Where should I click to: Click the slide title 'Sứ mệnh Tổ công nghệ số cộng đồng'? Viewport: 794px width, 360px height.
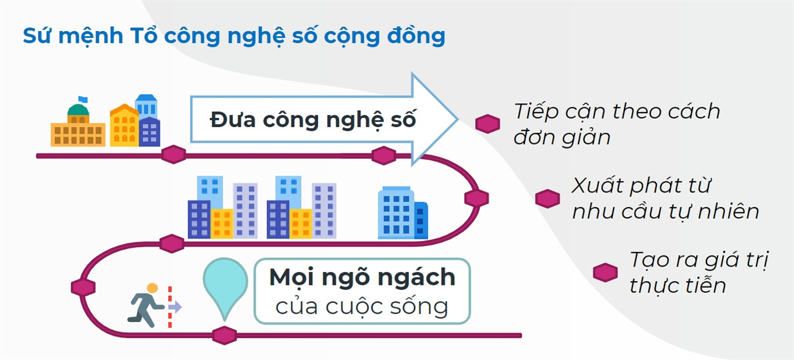234,36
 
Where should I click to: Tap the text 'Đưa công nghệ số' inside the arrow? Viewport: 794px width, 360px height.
313,120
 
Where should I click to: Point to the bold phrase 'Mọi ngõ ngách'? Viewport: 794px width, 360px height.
362,277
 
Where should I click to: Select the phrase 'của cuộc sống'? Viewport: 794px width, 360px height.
362,306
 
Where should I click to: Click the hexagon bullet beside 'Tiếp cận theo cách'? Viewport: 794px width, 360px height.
487,124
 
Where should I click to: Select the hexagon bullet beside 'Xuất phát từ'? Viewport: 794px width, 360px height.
547,198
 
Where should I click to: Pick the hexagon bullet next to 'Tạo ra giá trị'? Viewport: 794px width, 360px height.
605,272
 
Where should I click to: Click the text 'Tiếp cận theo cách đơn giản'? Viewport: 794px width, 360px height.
616,124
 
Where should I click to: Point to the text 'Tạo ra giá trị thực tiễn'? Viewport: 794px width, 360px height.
698,272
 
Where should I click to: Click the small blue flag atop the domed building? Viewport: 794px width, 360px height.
82,100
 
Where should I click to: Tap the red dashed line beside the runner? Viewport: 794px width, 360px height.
170,307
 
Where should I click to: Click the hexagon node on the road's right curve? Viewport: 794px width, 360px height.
476,198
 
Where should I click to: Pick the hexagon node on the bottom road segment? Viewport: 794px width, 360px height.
224,335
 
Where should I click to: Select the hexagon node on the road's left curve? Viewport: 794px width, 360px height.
83,287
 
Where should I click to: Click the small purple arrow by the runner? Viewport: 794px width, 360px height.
176,307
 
